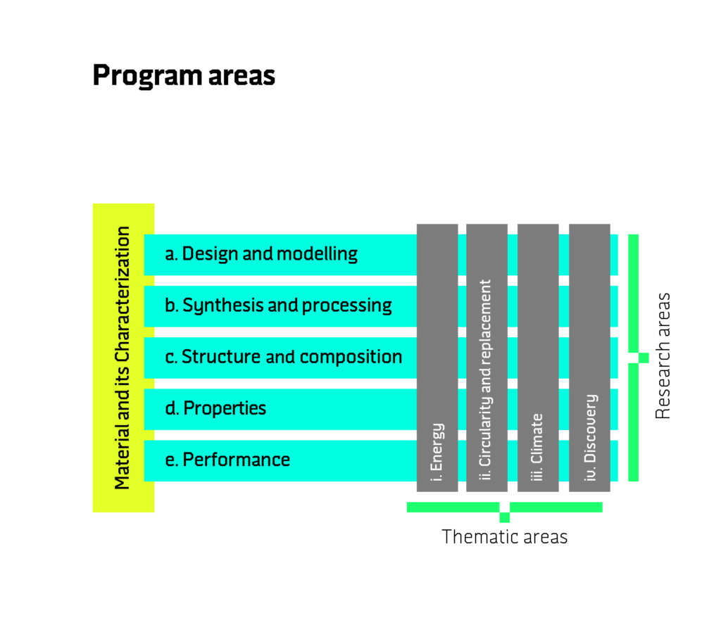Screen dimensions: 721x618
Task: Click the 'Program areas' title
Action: [184, 76]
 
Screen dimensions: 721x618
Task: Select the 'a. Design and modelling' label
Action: [261, 254]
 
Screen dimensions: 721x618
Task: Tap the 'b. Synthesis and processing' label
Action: [278, 305]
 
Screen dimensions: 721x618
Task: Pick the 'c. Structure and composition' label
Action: [284, 357]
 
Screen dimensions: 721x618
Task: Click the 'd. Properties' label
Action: [215, 409]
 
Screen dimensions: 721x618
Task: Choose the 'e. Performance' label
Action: [227, 460]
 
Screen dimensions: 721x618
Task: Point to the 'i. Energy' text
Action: [437, 452]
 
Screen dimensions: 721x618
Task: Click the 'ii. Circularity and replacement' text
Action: [486, 380]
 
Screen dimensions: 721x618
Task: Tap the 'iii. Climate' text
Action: [537, 448]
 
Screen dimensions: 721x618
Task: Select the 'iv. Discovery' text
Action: [591, 437]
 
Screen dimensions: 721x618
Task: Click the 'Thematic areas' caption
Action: [504, 536]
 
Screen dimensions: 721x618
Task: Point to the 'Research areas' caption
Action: [663, 356]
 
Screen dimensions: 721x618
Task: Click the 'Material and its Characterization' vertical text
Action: [123, 358]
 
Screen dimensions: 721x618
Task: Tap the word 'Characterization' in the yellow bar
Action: [123, 294]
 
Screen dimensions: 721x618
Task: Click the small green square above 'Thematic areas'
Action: [504, 518]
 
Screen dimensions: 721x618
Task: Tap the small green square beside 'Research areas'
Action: [644, 358]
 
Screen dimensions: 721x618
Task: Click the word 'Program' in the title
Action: [146, 76]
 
